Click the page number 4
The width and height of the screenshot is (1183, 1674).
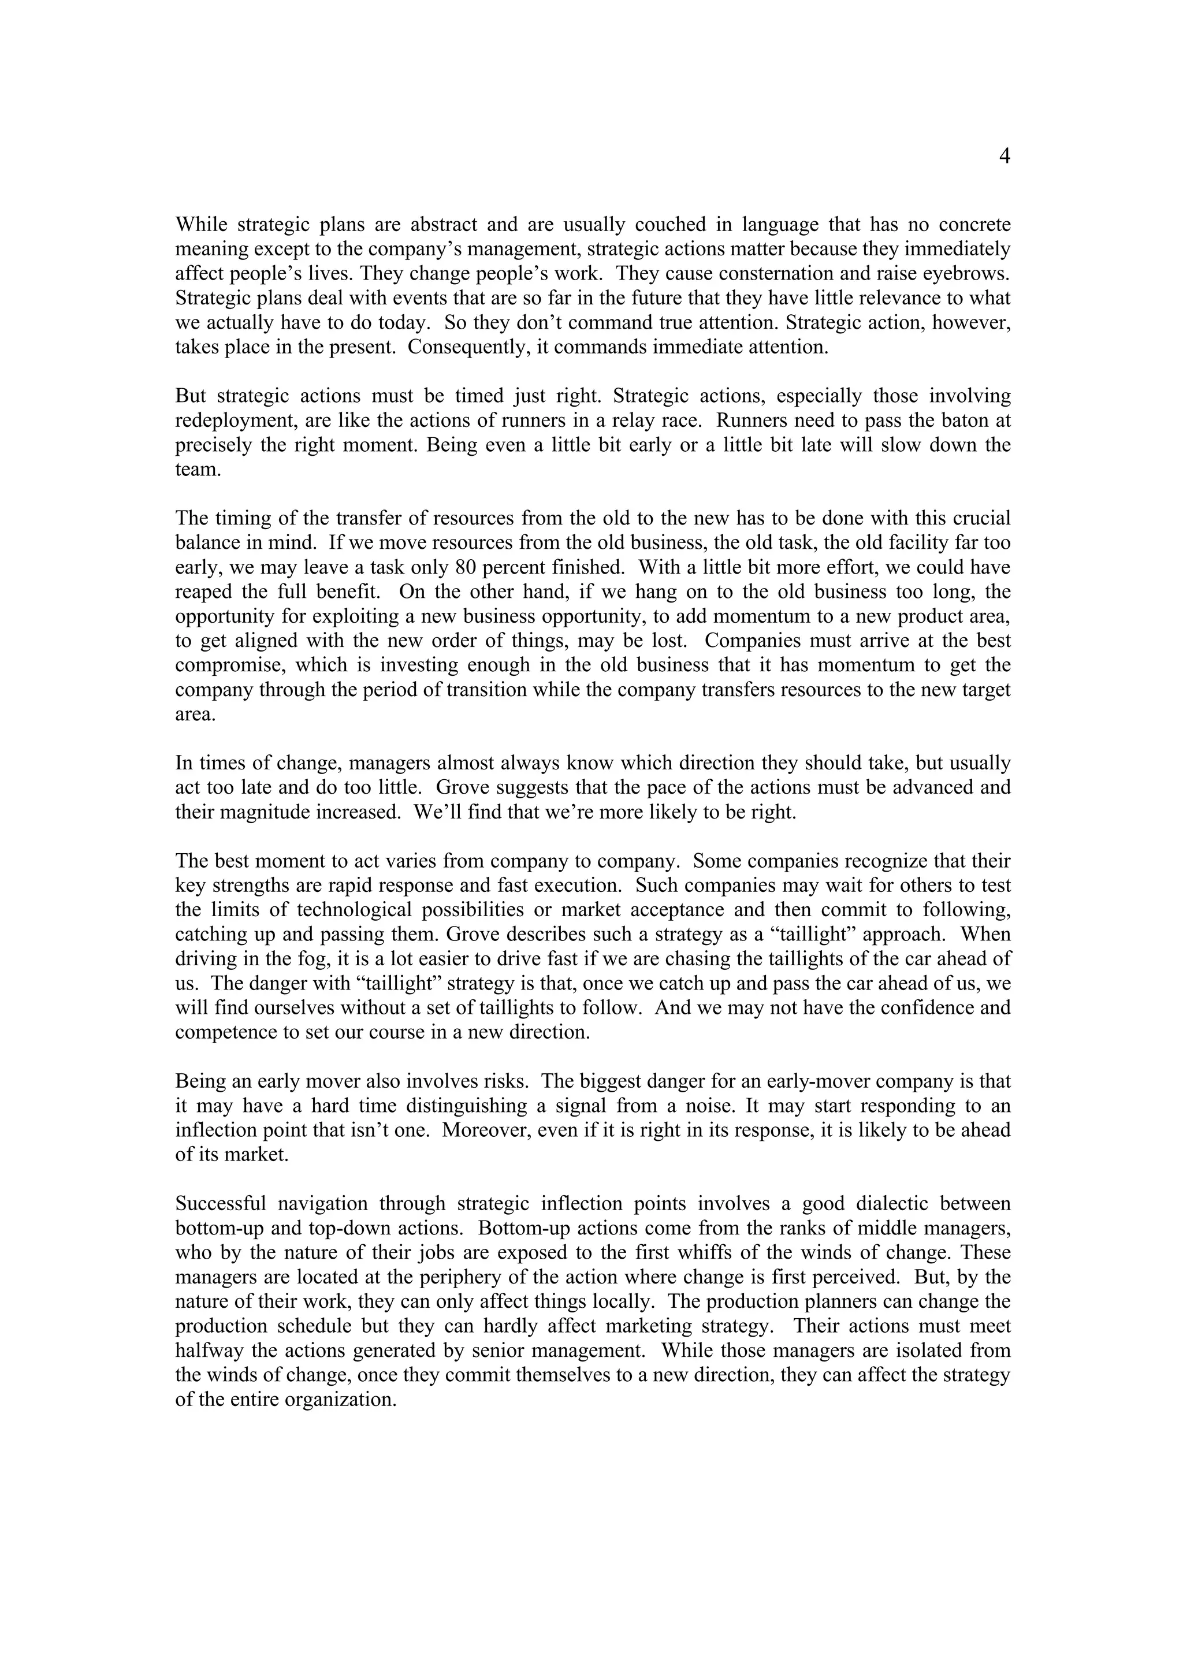[x=1004, y=157]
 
